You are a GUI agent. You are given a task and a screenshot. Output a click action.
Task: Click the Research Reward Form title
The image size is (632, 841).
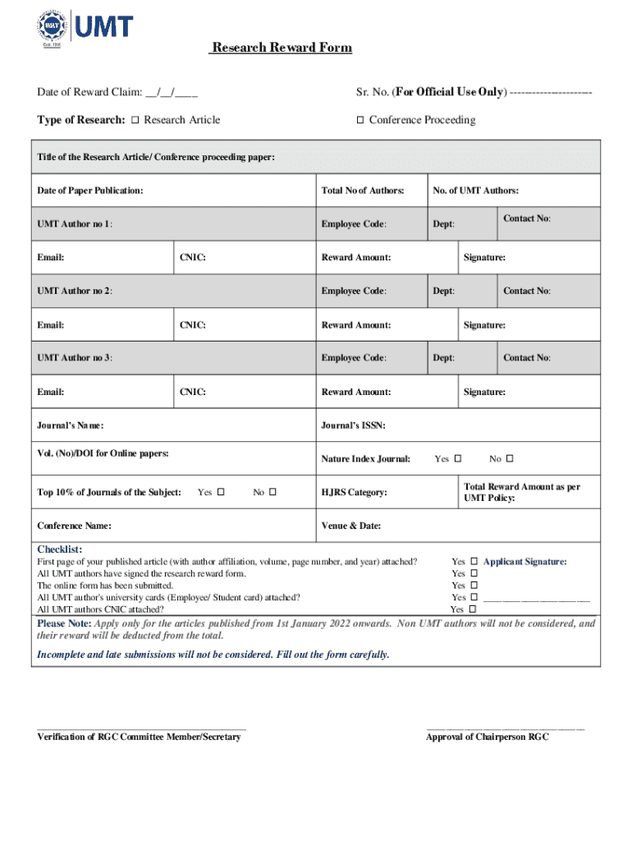pyautogui.click(x=281, y=48)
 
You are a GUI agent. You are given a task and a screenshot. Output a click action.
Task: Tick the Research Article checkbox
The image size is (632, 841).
pyautogui.click(x=135, y=120)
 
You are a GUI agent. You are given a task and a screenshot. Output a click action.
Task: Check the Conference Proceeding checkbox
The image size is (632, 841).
pyautogui.click(x=360, y=120)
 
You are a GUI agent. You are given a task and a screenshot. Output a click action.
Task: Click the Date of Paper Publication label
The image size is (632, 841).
pyautogui.click(x=90, y=191)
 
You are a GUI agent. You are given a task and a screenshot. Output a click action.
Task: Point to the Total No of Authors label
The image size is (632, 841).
pyautogui.click(x=363, y=191)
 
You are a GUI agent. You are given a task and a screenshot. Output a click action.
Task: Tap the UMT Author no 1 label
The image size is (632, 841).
pyautogui.click(x=75, y=223)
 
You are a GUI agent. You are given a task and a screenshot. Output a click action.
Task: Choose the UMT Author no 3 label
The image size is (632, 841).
pyautogui.click(x=75, y=358)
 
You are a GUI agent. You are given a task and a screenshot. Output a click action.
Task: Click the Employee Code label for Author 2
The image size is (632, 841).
pyautogui.click(x=354, y=291)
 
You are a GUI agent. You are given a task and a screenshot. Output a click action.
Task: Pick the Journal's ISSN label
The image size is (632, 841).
pyautogui.click(x=354, y=425)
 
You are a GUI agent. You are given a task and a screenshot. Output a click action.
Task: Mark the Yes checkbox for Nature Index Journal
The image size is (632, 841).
pyautogui.click(x=458, y=458)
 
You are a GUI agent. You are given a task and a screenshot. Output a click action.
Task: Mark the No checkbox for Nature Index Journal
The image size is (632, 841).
pyautogui.click(x=510, y=458)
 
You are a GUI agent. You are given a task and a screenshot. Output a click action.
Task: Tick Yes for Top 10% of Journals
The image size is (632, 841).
pyautogui.click(x=221, y=492)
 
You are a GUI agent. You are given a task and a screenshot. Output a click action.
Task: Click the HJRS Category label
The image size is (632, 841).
pyautogui.click(x=354, y=493)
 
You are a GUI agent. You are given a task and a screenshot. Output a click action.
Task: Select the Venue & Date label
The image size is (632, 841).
pyautogui.click(x=351, y=526)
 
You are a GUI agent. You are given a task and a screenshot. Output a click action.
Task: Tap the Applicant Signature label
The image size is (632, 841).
pyautogui.click(x=524, y=562)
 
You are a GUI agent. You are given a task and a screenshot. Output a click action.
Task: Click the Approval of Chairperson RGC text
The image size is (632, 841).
pyautogui.click(x=487, y=737)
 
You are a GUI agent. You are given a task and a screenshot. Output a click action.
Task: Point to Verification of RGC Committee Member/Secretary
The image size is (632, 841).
pyautogui.click(x=139, y=737)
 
